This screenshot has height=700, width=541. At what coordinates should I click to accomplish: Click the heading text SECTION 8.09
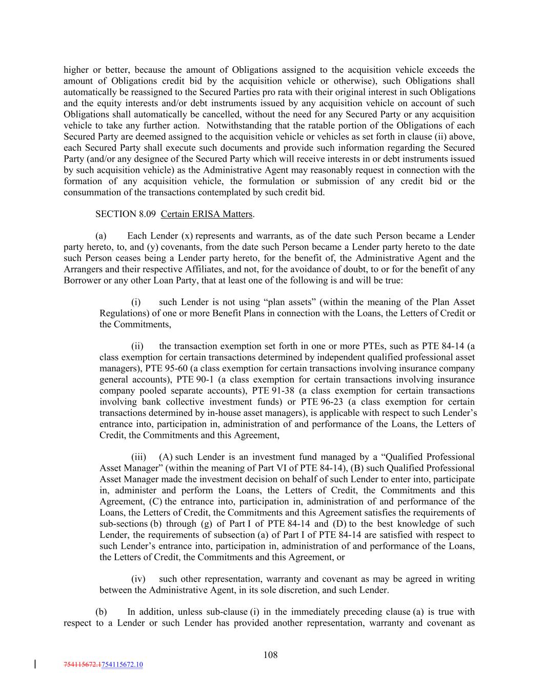[x=125, y=214]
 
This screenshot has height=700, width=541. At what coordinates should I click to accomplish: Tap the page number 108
[x=270, y=655]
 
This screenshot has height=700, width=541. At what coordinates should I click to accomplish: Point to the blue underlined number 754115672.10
[x=123, y=665]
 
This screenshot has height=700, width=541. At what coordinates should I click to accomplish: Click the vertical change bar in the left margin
[x=35, y=665]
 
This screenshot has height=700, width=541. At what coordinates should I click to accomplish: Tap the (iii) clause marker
[x=138, y=457]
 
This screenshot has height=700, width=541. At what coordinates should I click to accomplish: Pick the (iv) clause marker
[x=138, y=579]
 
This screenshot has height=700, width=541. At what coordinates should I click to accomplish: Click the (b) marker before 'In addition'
[x=101, y=612]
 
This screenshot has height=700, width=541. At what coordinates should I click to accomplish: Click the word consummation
[x=91, y=193]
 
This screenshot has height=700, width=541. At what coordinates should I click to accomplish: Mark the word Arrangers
[x=83, y=270]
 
